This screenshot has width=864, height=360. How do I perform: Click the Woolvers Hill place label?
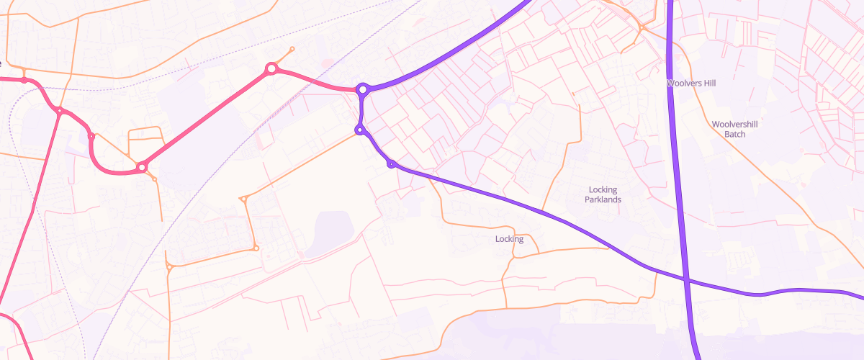(691, 84)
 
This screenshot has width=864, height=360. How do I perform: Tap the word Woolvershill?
(734, 125)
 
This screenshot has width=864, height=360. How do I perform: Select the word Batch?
(734, 135)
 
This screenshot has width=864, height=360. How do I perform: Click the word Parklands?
(603, 199)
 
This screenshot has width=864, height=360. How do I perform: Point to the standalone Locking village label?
(509, 238)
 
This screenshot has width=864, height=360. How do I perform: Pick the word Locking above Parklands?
(603, 190)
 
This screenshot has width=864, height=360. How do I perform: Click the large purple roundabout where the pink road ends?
(364, 89)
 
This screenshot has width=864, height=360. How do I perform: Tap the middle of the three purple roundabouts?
(359, 130)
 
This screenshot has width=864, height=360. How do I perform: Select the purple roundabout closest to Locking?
(391, 164)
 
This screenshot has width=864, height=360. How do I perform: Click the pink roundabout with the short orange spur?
(271, 69)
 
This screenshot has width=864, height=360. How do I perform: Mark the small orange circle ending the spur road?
(292, 49)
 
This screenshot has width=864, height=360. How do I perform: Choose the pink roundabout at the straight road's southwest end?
(142, 167)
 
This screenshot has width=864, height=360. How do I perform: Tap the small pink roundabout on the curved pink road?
(91, 136)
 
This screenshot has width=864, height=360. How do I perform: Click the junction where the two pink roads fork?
(60, 110)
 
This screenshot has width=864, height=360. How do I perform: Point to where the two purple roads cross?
(686, 279)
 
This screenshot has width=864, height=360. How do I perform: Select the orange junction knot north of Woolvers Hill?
(640, 27)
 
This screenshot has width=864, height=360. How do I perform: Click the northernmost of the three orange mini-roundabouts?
(244, 199)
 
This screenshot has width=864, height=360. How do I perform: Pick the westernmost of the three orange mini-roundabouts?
(169, 267)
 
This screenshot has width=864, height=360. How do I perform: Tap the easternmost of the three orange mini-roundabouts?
(256, 248)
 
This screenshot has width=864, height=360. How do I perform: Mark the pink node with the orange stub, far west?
(24, 79)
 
